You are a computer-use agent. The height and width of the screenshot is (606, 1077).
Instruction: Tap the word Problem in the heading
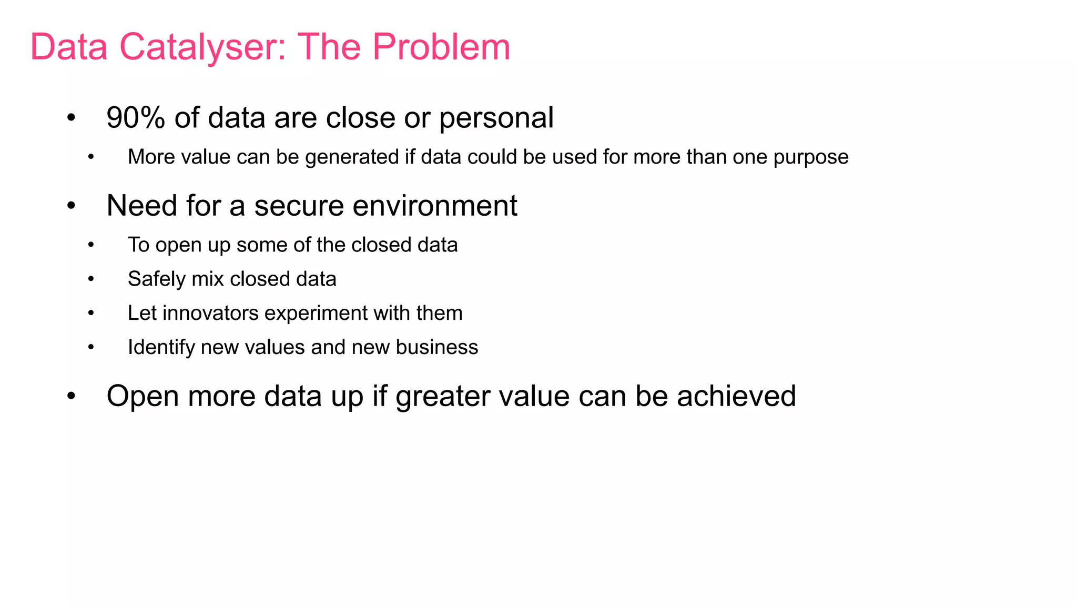[441, 47]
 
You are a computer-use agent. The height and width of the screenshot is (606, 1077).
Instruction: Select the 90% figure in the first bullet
[136, 117]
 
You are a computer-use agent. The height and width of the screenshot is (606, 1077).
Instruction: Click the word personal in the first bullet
[496, 118]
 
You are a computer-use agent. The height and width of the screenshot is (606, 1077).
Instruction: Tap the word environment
[435, 206]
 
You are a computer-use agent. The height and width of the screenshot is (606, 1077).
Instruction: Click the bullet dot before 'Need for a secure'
[72, 206]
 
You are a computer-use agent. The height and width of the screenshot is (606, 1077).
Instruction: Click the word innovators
[210, 313]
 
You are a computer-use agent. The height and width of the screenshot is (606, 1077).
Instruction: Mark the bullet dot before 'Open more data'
[72, 397]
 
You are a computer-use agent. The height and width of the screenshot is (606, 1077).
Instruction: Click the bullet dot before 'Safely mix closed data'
[91, 279]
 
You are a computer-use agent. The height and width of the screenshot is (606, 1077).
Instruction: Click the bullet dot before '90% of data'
[72, 118]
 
